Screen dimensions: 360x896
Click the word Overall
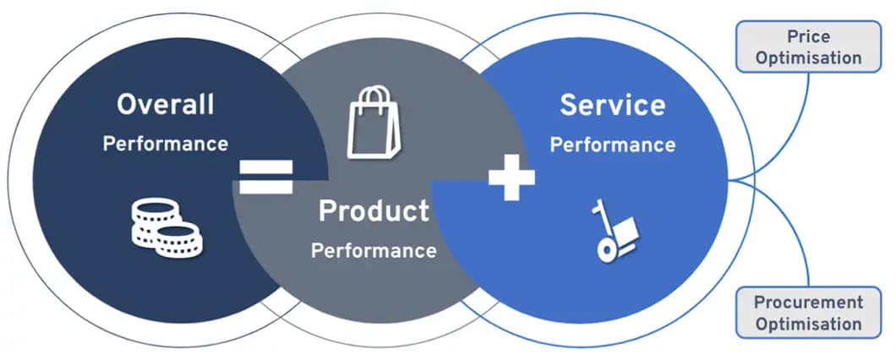click(x=166, y=105)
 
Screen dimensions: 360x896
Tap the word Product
click(x=374, y=211)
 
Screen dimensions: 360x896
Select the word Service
click(x=612, y=106)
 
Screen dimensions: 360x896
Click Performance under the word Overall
click(x=166, y=144)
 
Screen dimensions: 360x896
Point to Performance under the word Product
click(x=374, y=251)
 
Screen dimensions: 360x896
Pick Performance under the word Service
click(x=612, y=145)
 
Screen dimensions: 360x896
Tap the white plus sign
click(x=511, y=177)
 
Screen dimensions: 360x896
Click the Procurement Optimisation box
click(x=808, y=313)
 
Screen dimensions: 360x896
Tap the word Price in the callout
click(x=808, y=36)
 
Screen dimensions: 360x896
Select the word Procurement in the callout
click(x=808, y=302)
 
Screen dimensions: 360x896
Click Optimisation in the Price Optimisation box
click(x=808, y=58)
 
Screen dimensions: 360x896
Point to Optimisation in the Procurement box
click(x=808, y=324)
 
